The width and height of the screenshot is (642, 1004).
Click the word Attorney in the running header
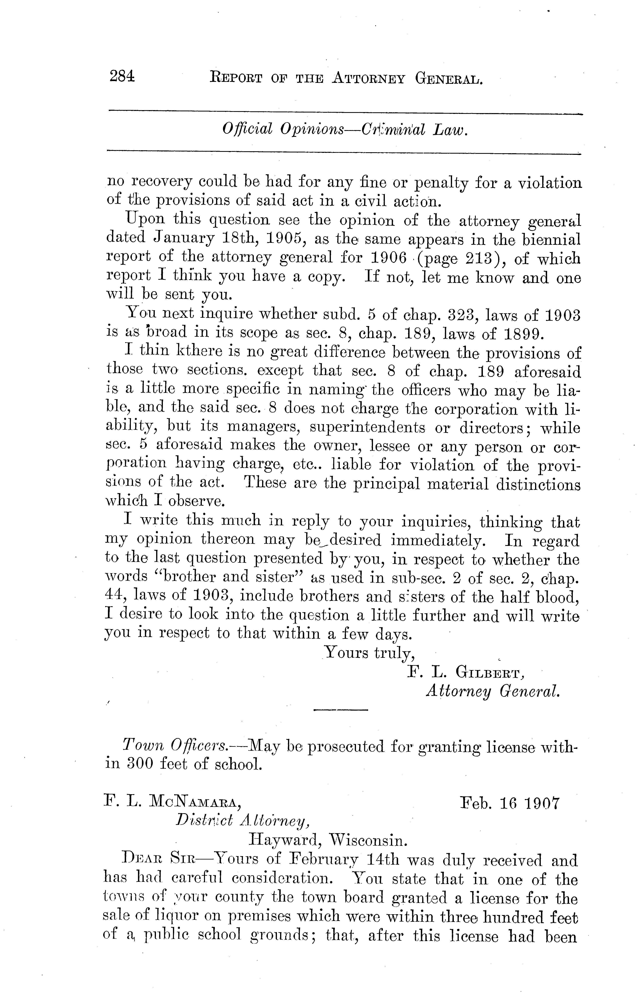[368, 78]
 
